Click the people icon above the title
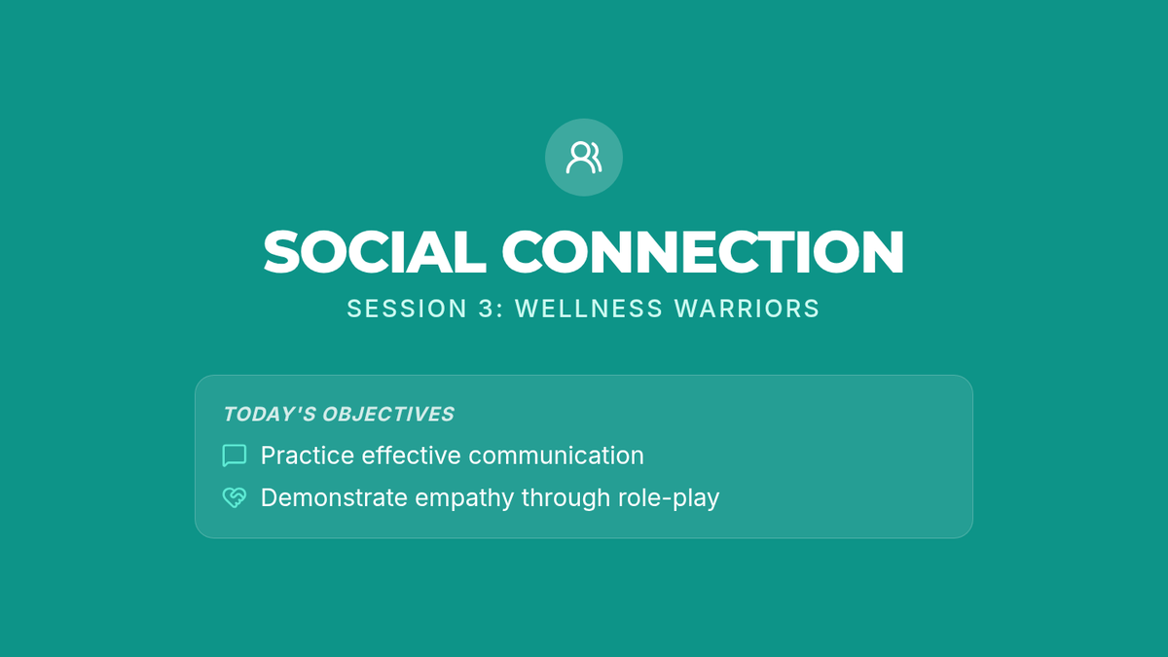click(x=584, y=158)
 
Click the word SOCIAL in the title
click(x=375, y=252)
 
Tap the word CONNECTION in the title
click(x=703, y=252)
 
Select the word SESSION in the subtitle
click(x=407, y=309)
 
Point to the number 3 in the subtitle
click(x=486, y=309)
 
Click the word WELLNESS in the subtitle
click(x=589, y=309)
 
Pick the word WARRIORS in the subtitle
click(x=748, y=309)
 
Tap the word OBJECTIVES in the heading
click(x=388, y=414)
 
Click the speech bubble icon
click(x=235, y=456)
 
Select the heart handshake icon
click(x=235, y=497)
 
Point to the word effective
click(x=412, y=456)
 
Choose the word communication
click(x=557, y=456)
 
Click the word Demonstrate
click(x=334, y=497)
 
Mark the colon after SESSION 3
click(x=499, y=310)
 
